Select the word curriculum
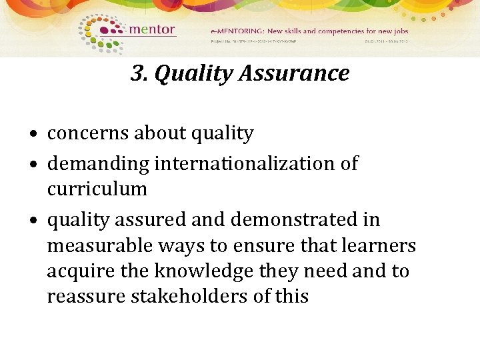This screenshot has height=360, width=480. [97, 189]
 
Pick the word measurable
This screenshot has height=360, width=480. [100, 245]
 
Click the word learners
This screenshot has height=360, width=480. [379, 245]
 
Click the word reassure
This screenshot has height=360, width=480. [78, 296]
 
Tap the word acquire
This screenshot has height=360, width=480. [75, 271]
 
